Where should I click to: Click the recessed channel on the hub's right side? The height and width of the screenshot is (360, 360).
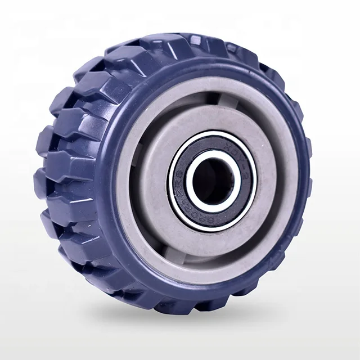coord(276,169)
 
